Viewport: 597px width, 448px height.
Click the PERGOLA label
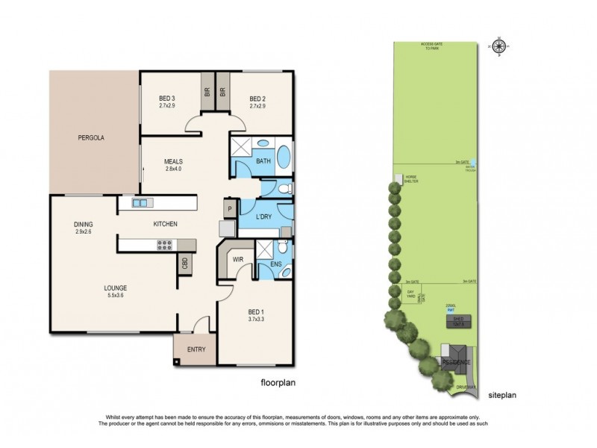(94, 138)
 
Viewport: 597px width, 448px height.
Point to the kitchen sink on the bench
(142, 203)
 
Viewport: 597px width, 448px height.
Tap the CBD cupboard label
(184, 263)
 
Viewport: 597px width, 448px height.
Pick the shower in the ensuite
(264, 249)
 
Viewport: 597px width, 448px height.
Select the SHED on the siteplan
(454, 321)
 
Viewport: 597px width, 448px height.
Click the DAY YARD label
(410, 296)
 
